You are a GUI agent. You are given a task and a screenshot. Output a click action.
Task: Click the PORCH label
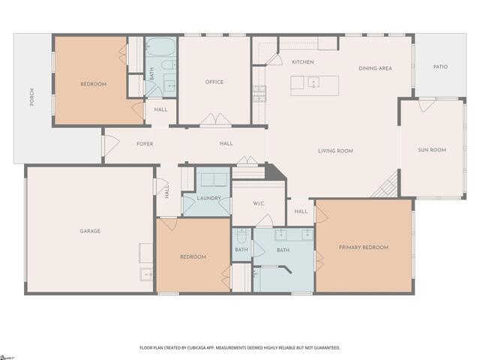(x=31, y=97)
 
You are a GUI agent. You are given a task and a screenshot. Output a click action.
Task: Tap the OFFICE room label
(x=214, y=82)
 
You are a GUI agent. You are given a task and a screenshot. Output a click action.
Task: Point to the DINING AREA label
(x=375, y=68)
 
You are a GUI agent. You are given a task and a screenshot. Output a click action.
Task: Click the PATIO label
(x=440, y=67)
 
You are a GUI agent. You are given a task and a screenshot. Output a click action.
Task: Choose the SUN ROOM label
(x=431, y=150)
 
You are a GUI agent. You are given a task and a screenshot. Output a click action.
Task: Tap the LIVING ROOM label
(x=335, y=151)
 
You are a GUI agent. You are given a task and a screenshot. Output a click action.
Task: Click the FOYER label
(x=145, y=143)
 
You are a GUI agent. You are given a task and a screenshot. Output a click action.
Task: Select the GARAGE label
(x=90, y=231)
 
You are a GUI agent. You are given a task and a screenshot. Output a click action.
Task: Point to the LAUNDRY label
(x=209, y=199)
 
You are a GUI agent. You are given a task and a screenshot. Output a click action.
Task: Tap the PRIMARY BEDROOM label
(x=364, y=247)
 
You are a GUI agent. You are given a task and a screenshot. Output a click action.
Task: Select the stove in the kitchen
(x=259, y=93)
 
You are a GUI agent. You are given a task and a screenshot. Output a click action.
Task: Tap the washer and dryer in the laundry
(x=213, y=179)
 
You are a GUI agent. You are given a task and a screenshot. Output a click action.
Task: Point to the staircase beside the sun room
(x=385, y=184)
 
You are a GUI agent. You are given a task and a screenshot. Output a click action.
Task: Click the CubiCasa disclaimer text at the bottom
(x=240, y=348)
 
